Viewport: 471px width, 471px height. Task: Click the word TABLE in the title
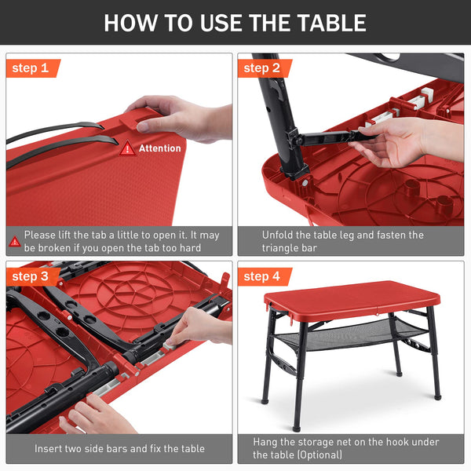point(331,23)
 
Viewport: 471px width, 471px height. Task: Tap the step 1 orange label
point(32,68)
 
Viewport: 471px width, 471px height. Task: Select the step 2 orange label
point(264,68)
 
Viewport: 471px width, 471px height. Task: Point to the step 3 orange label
point(32,276)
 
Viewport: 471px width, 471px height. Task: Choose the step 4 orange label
point(264,276)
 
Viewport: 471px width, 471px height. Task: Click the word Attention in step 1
point(160,148)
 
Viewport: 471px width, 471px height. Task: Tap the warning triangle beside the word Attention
point(127,148)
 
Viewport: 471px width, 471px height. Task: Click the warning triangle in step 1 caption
point(14,241)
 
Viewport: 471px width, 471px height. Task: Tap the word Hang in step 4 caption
point(265,442)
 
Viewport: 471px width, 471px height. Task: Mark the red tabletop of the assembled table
point(352,301)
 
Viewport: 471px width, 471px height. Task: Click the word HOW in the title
point(130,23)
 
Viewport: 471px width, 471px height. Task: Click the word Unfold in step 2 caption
point(277,235)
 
